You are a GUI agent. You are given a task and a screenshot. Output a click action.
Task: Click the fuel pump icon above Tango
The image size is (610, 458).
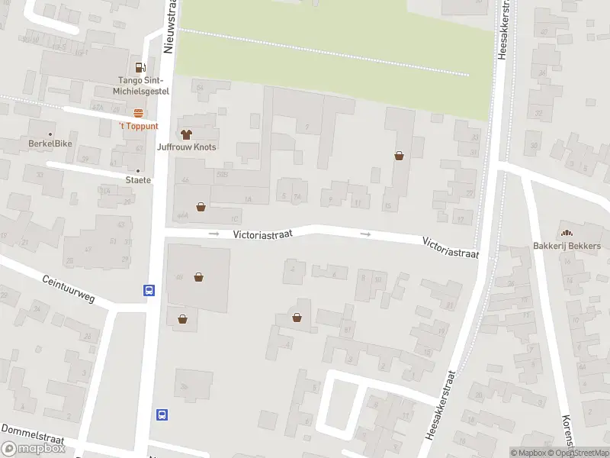point(140,68)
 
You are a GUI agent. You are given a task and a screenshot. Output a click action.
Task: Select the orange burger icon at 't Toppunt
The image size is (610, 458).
point(138,113)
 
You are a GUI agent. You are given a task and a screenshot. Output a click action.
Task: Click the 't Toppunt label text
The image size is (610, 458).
point(138,126)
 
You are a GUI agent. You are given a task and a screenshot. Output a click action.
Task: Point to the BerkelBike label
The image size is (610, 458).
point(50,144)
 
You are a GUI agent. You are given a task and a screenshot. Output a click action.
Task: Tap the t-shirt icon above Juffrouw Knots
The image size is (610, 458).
point(186,134)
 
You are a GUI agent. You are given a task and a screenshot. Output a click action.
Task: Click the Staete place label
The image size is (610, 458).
point(138,180)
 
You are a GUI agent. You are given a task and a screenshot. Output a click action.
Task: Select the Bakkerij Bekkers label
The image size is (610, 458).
point(567,246)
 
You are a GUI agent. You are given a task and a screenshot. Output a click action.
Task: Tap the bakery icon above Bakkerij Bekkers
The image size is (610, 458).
point(566,233)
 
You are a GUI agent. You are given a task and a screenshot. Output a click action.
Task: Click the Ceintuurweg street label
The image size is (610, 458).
point(69,289)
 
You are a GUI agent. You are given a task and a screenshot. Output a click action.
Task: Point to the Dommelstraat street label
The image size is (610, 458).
point(34,437)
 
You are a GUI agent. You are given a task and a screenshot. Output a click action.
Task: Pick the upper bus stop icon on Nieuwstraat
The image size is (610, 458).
point(149,290)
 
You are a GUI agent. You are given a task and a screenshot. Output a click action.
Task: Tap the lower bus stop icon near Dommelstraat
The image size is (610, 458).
point(162,414)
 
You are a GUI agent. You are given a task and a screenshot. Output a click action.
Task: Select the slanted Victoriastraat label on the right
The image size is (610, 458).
point(451,247)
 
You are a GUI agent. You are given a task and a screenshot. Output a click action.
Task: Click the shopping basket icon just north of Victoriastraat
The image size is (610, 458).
point(201,206)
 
